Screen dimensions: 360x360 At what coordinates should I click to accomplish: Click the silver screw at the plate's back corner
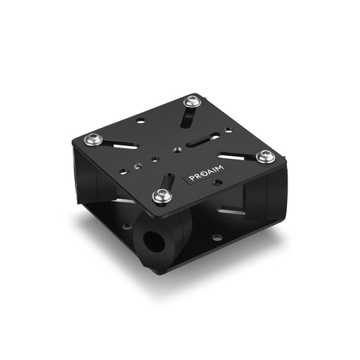click(x=192, y=102)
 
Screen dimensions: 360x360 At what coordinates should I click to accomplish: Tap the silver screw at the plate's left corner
click(x=94, y=139)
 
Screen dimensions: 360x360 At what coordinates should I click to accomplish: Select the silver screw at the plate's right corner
click(x=265, y=156)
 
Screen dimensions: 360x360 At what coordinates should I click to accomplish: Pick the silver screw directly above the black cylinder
click(x=162, y=195)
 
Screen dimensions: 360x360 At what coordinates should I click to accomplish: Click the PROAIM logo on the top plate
click(x=206, y=172)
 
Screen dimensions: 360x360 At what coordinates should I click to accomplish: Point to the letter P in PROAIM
click(x=192, y=178)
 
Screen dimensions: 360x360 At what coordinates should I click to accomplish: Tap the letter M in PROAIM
click(x=220, y=168)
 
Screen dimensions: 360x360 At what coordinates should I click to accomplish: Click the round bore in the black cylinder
click(x=154, y=241)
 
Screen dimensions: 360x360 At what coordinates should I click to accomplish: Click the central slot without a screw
click(x=203, y=140)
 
